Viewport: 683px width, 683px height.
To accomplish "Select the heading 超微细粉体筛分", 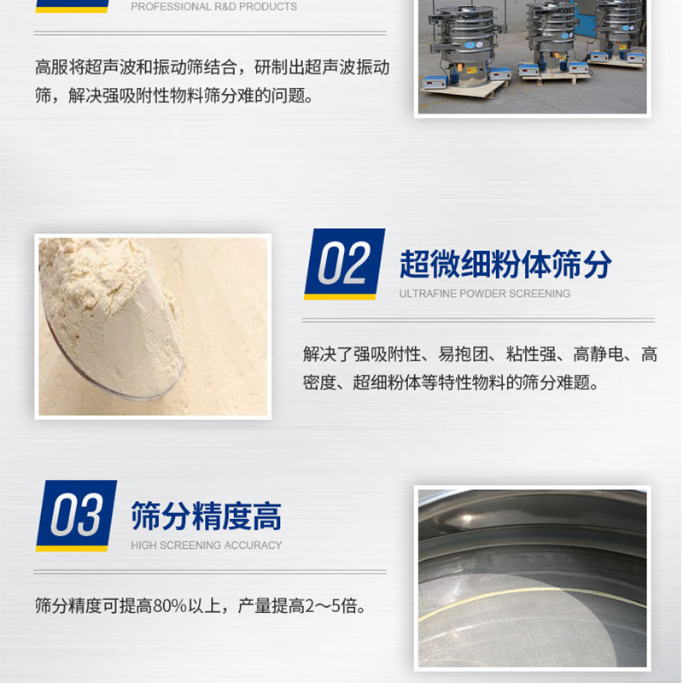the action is [505, 264].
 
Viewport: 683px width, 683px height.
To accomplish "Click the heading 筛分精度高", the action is [207, 516].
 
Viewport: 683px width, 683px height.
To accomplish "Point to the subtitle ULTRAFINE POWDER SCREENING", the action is [485, 294].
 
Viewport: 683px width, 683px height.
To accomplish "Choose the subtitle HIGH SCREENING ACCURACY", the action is [207, 545].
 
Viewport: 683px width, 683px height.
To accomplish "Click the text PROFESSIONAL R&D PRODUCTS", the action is [214, 7].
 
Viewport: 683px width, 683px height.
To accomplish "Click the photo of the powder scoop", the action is [153, 327].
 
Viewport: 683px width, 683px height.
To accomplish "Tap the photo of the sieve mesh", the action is [532, 578].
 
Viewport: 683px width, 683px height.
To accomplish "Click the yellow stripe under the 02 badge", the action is [340, 297].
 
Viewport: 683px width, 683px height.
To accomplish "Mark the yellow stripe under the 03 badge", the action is [72, 549].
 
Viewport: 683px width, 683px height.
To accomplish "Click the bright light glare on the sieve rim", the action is [468, 518].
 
